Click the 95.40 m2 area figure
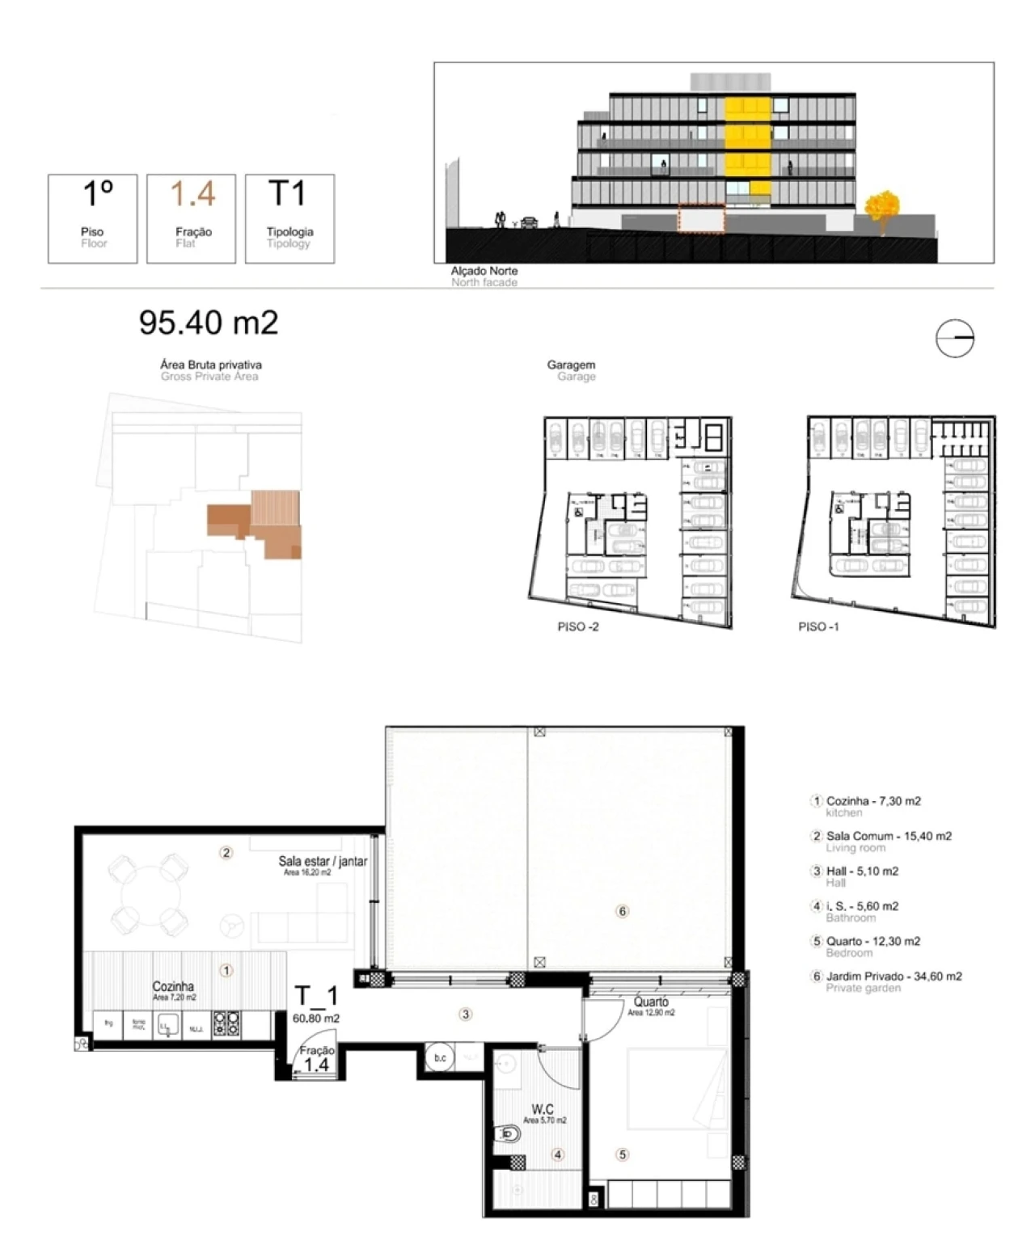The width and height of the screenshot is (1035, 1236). click(209, 323)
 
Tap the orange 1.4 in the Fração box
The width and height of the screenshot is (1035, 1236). click(193, 194)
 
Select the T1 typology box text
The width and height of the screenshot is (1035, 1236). click(288, 194)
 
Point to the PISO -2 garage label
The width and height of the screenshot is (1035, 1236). click(578, 626)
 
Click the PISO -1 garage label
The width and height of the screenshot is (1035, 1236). click(818, 626)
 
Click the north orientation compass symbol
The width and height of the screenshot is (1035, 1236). click(955, 339)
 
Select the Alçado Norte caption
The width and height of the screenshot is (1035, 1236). click(484, 271)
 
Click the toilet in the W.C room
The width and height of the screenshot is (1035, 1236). click(507, 1136)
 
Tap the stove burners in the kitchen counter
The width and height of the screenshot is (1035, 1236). click(226, 1024)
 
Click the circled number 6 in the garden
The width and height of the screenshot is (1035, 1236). click(622, 911)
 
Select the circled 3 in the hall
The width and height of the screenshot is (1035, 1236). click(466, 1014)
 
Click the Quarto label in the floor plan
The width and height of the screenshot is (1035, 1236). click(651, 1002)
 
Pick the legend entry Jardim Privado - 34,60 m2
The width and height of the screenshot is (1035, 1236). click(893, 976)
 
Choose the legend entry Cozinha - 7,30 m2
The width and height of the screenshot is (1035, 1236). click(873, 801)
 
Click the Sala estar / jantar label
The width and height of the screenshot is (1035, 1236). click(323, 861)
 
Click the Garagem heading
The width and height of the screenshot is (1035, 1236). click(571, 365)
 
